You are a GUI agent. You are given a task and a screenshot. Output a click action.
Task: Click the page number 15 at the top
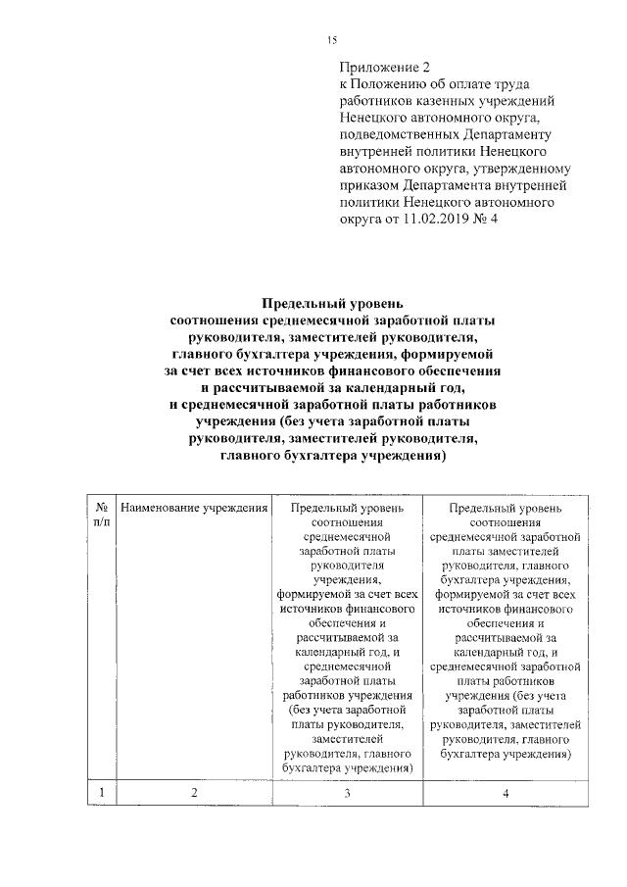click(331, 39)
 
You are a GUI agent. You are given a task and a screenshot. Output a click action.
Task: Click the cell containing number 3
click(347, 792)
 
